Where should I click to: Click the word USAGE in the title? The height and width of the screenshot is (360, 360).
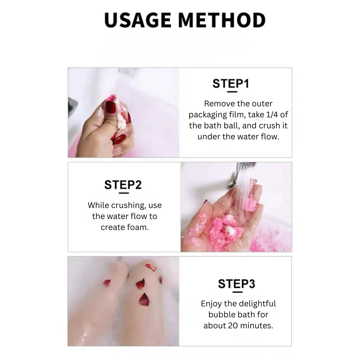(138, 21)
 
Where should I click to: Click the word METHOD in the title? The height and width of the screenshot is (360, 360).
(222, 21)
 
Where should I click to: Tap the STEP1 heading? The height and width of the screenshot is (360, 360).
(231, 84)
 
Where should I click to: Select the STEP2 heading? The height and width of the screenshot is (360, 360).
(123, 185)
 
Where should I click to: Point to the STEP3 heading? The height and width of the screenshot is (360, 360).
(236, 284)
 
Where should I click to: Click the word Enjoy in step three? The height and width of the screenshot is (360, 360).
(213, 304)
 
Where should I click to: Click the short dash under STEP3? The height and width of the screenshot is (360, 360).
(237, 292)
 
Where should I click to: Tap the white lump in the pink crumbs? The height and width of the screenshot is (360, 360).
(231, 230)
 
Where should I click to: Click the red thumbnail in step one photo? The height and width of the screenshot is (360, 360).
(110, 107)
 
